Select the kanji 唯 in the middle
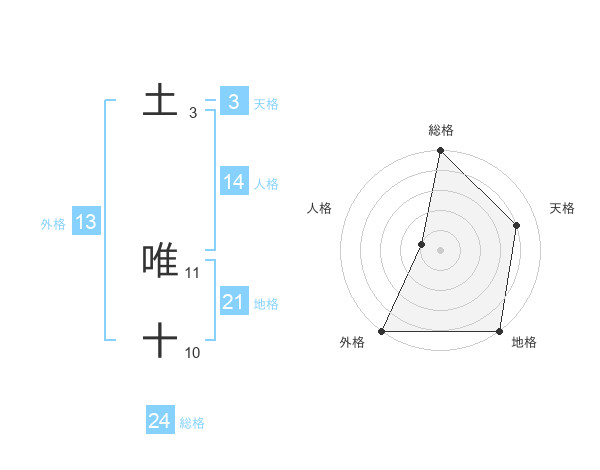coord(160,260)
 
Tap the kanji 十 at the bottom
coord(160,340)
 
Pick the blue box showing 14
coord(234,182)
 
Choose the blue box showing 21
coord(234,302)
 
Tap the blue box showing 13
coord(86,223)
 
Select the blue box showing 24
coord(160,421)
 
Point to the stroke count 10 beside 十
coord(193,352)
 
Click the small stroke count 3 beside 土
coord(193,113)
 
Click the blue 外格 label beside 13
coord(53,224)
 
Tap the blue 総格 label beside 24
coord(192,423)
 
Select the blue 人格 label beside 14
coord(266,184)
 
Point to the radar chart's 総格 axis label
coord(440,130)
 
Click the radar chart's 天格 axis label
coord(562,208)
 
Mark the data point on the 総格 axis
coord(440,151)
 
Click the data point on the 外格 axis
coord(382,330)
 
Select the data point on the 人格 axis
coord(422,244)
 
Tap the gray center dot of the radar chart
coord(440,250)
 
